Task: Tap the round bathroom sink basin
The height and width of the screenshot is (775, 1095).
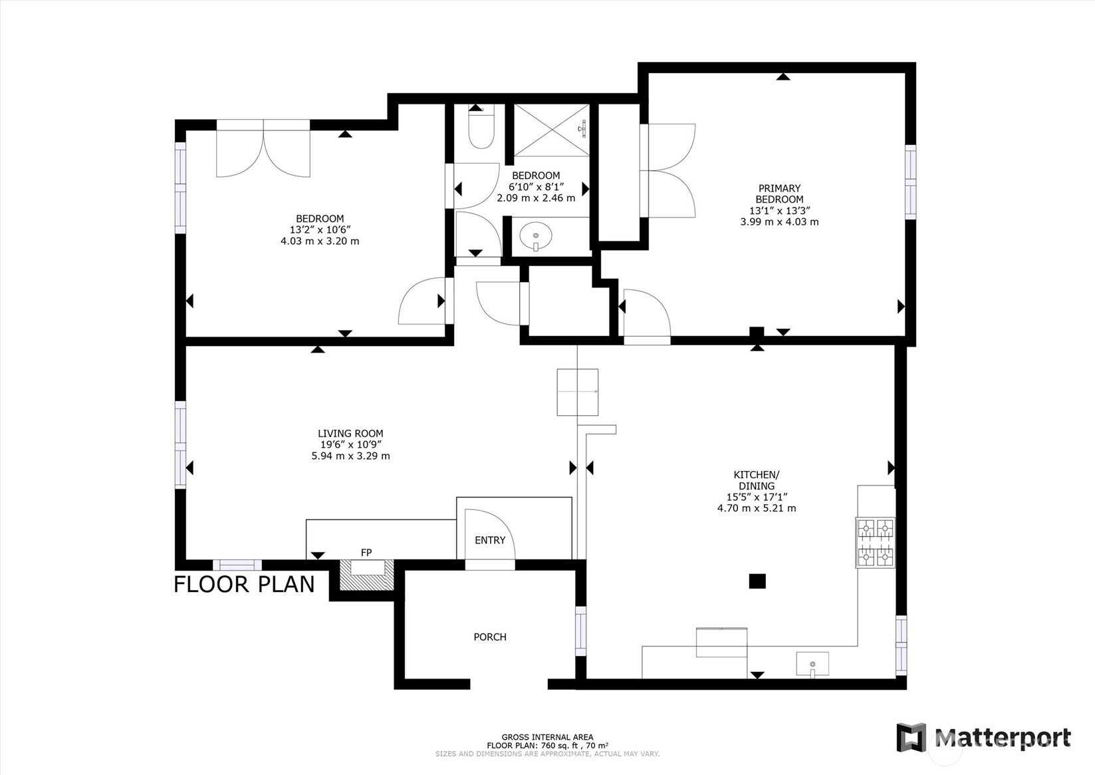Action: tap(536, 234)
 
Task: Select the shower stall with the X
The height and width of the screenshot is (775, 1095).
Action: tap(551, 130)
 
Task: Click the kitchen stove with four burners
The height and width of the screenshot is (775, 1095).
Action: tap(875, 543)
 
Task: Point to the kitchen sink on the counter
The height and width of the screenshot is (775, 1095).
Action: tap(812, 664)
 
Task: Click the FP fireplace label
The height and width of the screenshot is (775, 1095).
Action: tap(366, 552)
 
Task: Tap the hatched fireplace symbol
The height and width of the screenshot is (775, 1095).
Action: tap(366, 575)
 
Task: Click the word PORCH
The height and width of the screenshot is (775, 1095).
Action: tap(490, 637)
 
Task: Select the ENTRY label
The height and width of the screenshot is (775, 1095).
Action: tap(490, 540)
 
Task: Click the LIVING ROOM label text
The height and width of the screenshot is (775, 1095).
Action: tap(350, 434)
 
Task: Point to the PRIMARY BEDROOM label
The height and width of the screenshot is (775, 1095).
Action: tap(779, 194)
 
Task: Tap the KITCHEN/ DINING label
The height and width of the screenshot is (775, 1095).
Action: tap(756, 480)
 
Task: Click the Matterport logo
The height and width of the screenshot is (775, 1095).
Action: tap(984, 737)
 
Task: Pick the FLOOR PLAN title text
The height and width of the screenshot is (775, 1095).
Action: tap(244, 585)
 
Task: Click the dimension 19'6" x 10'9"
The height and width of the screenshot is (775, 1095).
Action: tap(350, 445)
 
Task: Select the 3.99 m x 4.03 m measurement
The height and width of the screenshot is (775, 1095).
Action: tap(779, 222)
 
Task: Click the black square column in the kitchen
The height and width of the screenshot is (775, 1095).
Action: tap(757, 581)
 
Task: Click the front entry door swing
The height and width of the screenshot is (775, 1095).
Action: tap(490, 534)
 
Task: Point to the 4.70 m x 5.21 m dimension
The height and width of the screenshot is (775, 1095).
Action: tap(756, 508)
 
